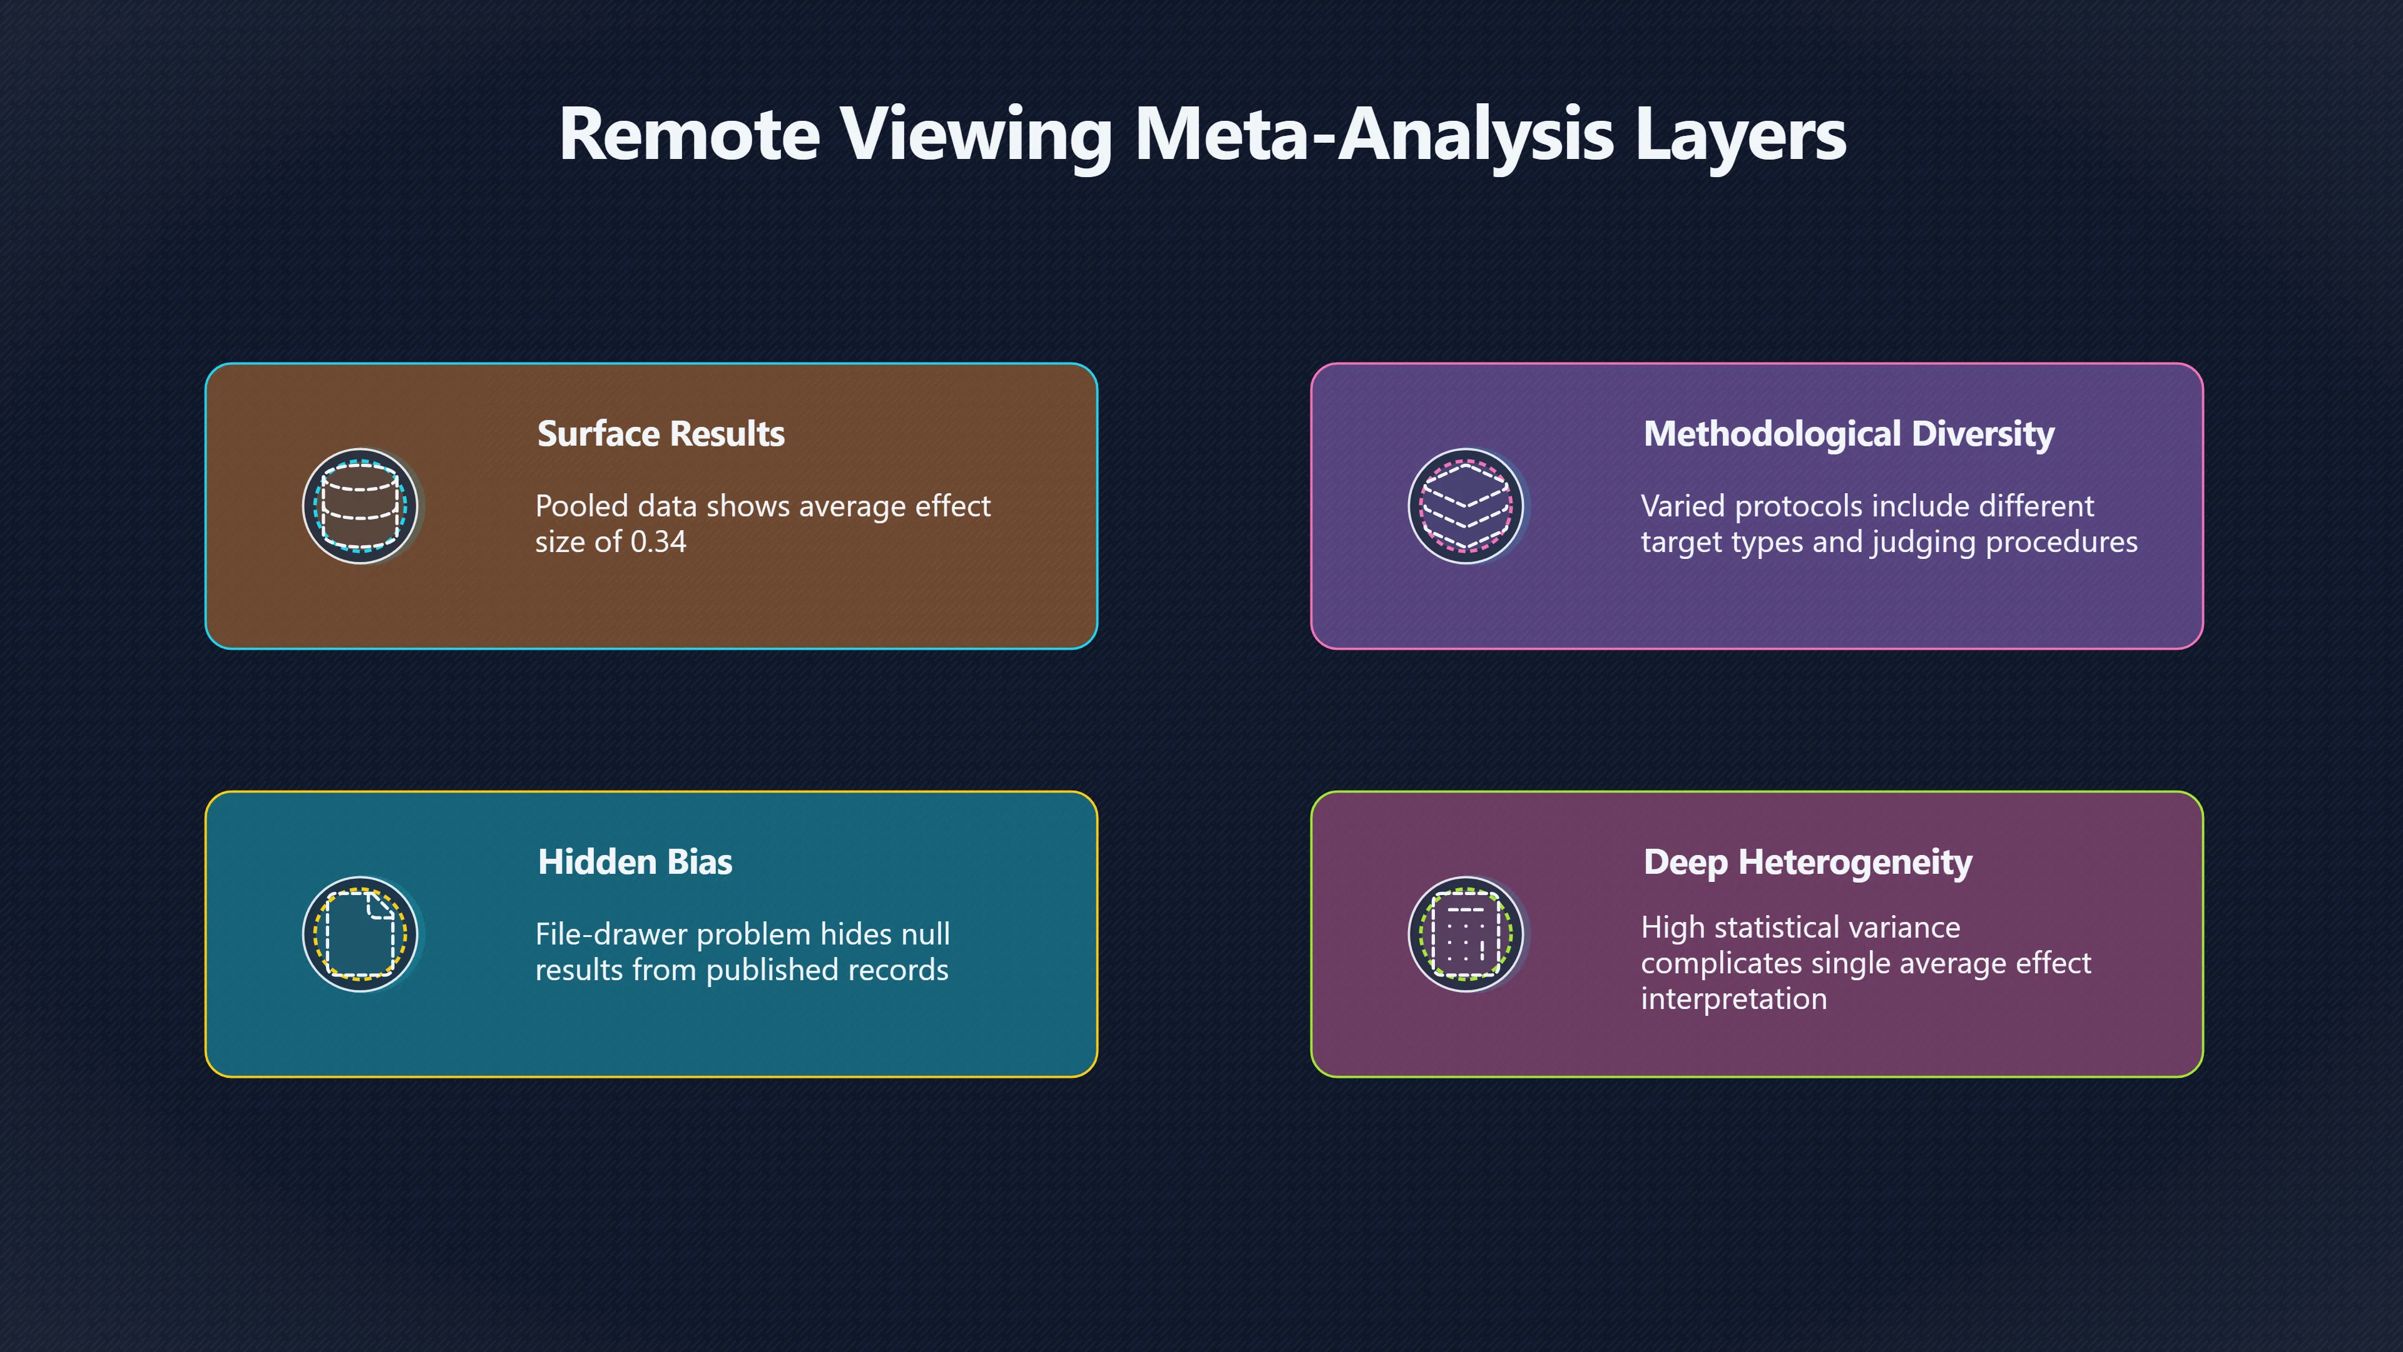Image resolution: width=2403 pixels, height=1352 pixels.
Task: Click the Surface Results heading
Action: pos(660,434)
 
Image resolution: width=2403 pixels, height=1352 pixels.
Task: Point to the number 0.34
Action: pos(658,541)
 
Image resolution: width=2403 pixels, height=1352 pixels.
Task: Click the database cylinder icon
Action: pos(360,506)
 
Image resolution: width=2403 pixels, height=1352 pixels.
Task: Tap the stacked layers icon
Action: pos(1466,506)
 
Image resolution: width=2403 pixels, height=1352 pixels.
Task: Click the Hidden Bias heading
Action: pos(635,862)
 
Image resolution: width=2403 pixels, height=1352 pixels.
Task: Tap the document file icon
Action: pos(360,934)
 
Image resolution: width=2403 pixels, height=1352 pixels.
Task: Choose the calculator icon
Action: pos(1466,934)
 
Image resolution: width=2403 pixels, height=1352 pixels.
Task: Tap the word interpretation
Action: pos(1734,1000)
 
